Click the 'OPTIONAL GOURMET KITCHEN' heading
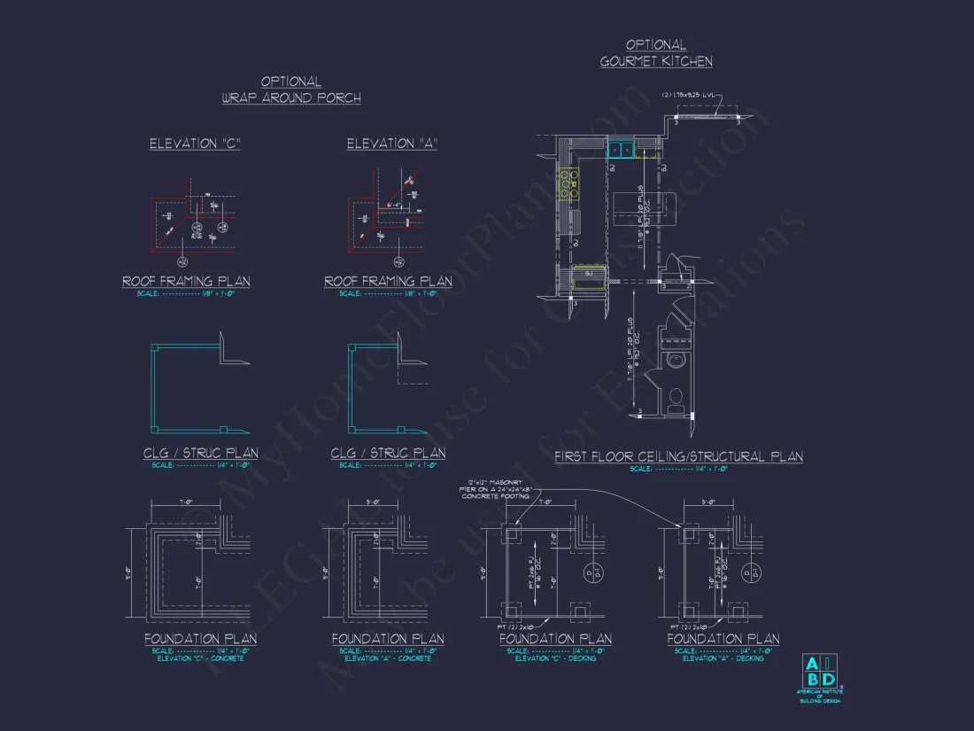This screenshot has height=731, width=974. pyautogui.click(x=656, y=53)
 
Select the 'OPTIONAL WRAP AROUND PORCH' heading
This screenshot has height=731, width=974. pyautogui.click(x=291, y=89)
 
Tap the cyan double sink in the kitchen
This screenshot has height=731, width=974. pyautogui.click(x=621, y=150)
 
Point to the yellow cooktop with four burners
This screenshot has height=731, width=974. pyautogui.click(x=568, y=183)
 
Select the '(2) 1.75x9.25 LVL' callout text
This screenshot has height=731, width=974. pyautogui.click(x=692, y=95)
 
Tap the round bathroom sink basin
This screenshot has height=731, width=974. pyautogui.click(x=676, y=362)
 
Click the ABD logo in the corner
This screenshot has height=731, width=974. pyautogui.click(x=818, y=669)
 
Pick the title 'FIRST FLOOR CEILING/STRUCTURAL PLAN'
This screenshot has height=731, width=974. pyautogui.click(x=678, y=457)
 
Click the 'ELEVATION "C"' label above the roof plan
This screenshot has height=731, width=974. pyautogui.click(x=195, y=144)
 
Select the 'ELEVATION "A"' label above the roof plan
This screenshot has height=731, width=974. pyautogui.click(x=391, y=144)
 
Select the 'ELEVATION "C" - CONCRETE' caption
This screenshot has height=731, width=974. pyautogui.click(x=200, y=658)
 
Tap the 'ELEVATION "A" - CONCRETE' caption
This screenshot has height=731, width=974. pyautogui.click(x=388, y=658)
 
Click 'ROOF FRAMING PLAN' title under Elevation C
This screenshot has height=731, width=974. pyautogui.click(x=186, y=282)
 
